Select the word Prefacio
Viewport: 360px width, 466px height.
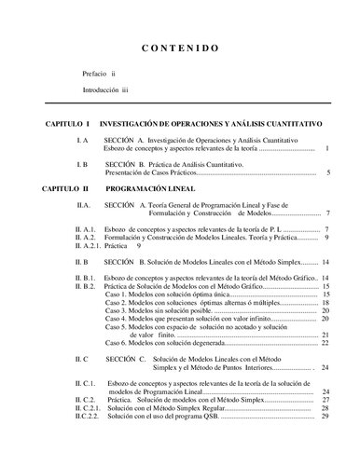[94, 73]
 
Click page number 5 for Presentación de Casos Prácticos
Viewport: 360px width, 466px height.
[329, 172]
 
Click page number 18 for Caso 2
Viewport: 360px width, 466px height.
[325, 304]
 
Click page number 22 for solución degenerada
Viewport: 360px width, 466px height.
[325, 342]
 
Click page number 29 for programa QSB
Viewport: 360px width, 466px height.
[325, 416]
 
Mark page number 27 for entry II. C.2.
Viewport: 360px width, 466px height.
[325, 399]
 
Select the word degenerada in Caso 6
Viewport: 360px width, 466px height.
[198, 342]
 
